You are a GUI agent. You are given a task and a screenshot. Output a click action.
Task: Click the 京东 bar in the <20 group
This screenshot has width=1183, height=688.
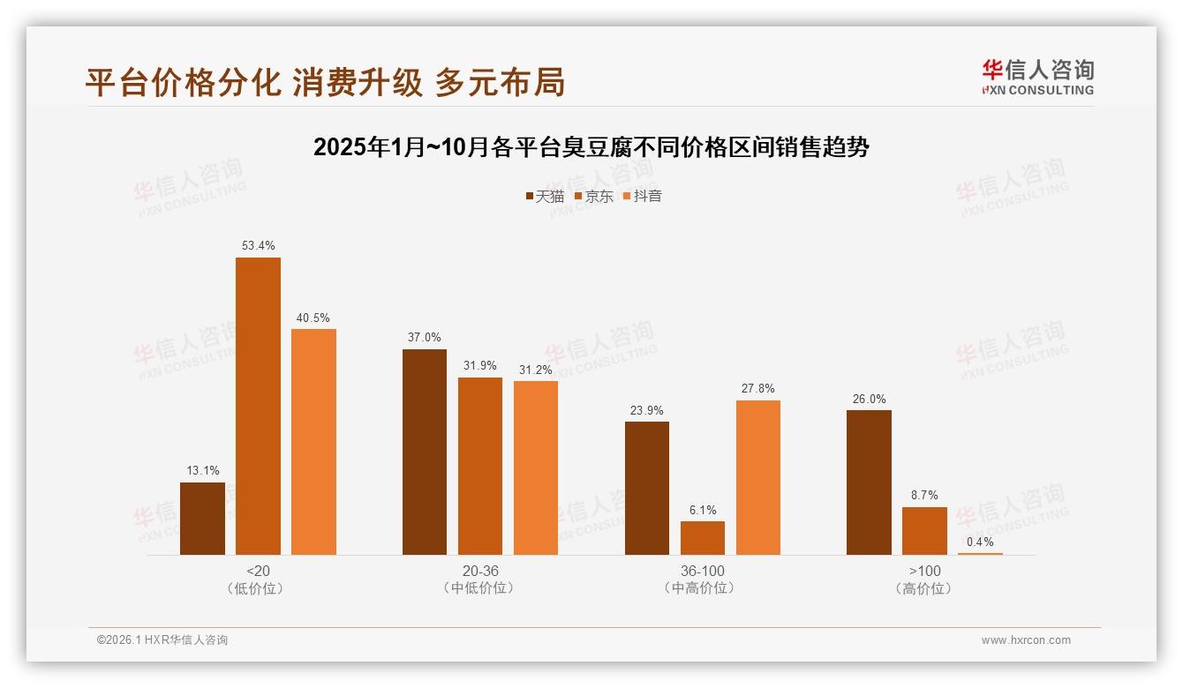coord(258,406)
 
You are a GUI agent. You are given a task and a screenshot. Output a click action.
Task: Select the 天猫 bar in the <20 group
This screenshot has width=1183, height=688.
coord(202,519)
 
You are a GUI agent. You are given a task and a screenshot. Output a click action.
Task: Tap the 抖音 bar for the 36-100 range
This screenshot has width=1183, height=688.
coord(758,477)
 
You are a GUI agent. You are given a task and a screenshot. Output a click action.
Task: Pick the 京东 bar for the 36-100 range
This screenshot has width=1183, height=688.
coord(703,538)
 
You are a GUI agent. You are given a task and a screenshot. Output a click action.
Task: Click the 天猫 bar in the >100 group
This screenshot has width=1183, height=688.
coord(869,482)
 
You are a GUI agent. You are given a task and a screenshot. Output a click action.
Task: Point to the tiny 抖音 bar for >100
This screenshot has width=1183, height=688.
coord(980,553)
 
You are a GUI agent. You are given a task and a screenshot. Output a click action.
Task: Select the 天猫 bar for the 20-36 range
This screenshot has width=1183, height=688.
coord(425,452)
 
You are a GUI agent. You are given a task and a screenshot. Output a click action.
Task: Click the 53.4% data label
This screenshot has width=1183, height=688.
coord(258,245)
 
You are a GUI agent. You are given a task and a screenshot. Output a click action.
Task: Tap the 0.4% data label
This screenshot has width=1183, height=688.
coord(980,542)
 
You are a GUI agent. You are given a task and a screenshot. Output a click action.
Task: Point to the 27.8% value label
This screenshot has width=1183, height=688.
coord(758,388)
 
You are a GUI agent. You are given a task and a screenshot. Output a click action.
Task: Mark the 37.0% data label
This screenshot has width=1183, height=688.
coord(425,337)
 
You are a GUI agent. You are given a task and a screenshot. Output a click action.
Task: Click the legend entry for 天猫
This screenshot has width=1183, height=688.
coord(545,197)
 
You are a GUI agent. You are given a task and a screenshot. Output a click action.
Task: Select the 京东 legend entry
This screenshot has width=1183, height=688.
coord(594,197)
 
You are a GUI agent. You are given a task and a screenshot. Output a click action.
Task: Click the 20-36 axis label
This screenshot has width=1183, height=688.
coord(479,571)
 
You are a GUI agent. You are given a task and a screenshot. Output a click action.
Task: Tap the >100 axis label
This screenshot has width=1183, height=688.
coord(924,571)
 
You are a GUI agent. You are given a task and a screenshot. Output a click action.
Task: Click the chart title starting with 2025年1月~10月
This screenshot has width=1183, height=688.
coord(591,147)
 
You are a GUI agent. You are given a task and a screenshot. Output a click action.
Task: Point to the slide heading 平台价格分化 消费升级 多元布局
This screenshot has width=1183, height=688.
coord(325,82)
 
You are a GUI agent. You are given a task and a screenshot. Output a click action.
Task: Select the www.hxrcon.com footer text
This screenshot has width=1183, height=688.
coord(1026,640)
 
